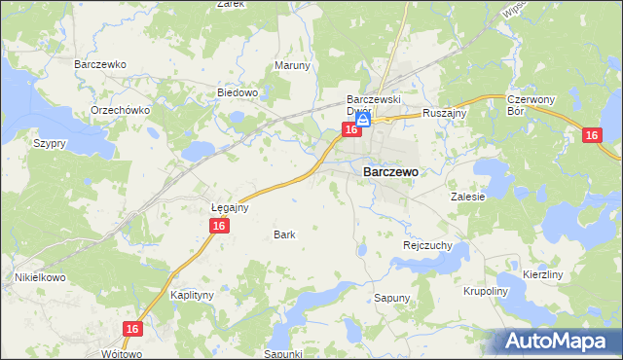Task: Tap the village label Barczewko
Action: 101,64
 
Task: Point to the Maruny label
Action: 292,66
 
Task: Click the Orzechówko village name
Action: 120,110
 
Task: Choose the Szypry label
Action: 49,142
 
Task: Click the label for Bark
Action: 284,234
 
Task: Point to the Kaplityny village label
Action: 192,294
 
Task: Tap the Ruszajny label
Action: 445,113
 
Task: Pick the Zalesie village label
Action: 467,196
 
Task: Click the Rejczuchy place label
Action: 427,246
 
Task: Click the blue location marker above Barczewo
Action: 362,120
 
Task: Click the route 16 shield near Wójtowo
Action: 133,330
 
